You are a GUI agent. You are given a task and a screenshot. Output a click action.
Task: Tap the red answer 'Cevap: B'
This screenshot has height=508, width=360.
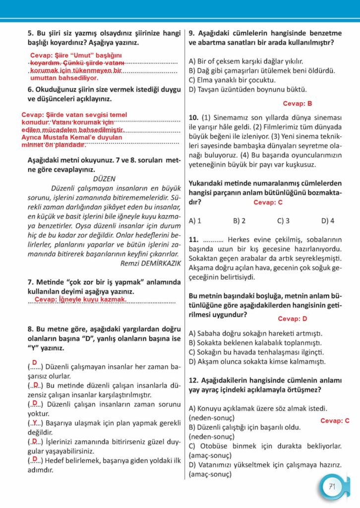tap(298, 104)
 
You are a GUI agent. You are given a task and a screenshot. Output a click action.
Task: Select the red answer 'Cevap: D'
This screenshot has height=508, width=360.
tap(293, 318)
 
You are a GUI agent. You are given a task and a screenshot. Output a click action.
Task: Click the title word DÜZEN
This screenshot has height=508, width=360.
tap(104, 179)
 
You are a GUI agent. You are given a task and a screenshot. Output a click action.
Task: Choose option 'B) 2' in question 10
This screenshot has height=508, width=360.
tap(239, 220)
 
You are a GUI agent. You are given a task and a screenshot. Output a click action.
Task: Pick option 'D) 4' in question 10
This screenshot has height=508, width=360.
tap(328, 220)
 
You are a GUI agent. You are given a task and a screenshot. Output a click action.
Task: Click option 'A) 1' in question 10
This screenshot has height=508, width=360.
tap(195, 220)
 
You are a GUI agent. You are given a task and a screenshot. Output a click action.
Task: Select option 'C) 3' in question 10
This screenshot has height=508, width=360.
tap(283, 220)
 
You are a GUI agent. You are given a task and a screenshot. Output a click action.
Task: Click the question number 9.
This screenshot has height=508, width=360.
tap(192, 33)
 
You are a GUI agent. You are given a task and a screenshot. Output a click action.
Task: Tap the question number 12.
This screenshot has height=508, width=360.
tap(194, 381)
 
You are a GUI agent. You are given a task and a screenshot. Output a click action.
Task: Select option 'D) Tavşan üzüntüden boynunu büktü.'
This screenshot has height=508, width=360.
tap(247, 89)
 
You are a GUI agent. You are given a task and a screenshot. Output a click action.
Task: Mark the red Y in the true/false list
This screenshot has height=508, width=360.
tap(35, 423)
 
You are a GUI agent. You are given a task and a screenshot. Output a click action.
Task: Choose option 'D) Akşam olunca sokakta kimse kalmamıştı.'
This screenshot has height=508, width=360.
tap(257, 361)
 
